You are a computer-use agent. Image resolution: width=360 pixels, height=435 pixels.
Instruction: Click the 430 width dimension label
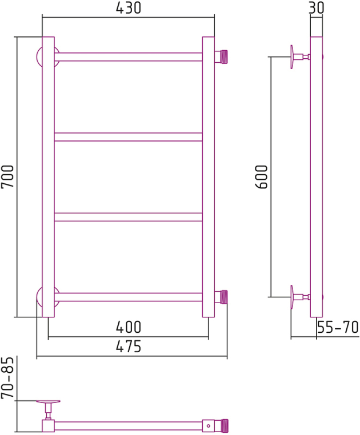pyautogui.click(x=129, y=8)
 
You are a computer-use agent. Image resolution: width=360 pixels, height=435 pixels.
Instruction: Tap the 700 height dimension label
pyautogui.click(x=7, y=176)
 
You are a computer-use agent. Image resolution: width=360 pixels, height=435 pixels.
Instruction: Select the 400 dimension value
pyautogui.click(x=129, y=327)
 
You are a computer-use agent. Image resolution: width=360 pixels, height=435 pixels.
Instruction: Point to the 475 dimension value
pyautogui.click(x=129, y=346)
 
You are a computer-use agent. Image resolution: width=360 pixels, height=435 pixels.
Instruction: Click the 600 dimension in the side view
pyautogui.click(x=261, y=177)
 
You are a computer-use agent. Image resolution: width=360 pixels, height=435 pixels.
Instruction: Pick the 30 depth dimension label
pyautogui.click(x=317, y=8)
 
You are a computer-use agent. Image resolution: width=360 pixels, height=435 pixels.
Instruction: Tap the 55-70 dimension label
pyautogui.click(x=338, y=327)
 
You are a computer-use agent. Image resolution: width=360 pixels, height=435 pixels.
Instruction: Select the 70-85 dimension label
pyautogui.click(x=7, y=377)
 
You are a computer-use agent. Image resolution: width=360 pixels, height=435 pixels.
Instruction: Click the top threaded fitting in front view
pyautogui.click(x=221, y=57)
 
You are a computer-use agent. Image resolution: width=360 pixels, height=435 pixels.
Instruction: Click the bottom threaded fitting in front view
pyautogui.click(x=221, y=297)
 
